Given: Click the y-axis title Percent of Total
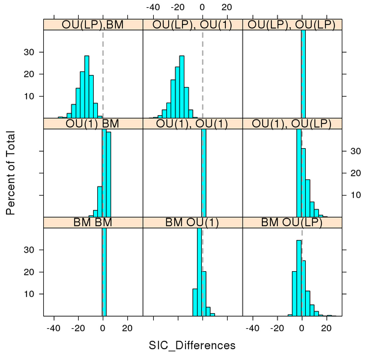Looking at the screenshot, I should click(10, 173).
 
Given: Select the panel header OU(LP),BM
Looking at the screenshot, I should click(93, 24).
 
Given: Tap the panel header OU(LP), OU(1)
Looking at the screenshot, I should click(192, 24).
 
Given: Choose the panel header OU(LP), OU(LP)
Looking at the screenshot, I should click(292, 24).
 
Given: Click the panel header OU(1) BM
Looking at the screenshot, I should click(93, 124).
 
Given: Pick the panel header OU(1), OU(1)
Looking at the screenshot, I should click(192, 124).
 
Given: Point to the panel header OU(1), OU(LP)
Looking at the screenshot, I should click(292, 124).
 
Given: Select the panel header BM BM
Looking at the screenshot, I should click(93, 223).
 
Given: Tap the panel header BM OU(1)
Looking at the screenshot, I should click(192, 223).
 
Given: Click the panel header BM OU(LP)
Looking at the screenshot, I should click(292, 223).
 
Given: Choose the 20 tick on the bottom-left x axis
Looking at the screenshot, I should click(127, 328).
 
